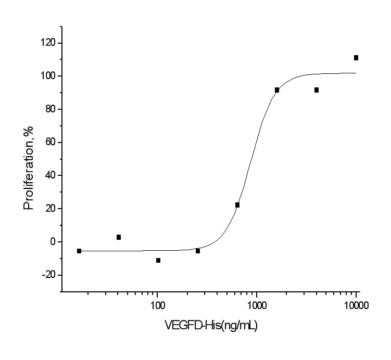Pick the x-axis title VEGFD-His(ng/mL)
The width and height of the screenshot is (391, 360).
pyautogui.click(x=211, y=326)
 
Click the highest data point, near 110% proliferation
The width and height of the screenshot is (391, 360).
pyautogui.click(x=356, y=58)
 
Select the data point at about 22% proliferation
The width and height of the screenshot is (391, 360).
pyautogui.click(x=237, y=205)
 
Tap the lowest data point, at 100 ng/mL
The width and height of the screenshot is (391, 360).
pyautogui.click(x=158, y=260)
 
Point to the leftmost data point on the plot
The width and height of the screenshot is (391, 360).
pyautogui.click(x=79, y=251)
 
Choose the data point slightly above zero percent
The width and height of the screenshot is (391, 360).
pyautogui.click(x=119, y=237)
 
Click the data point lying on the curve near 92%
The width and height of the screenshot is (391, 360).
pyautogui.click(x=277, y=90)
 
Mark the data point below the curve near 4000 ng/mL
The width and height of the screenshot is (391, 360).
pyautogui.click(x=317, y=90)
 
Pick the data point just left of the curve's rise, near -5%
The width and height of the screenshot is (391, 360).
pyautogui.click(x=198, y=251)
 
